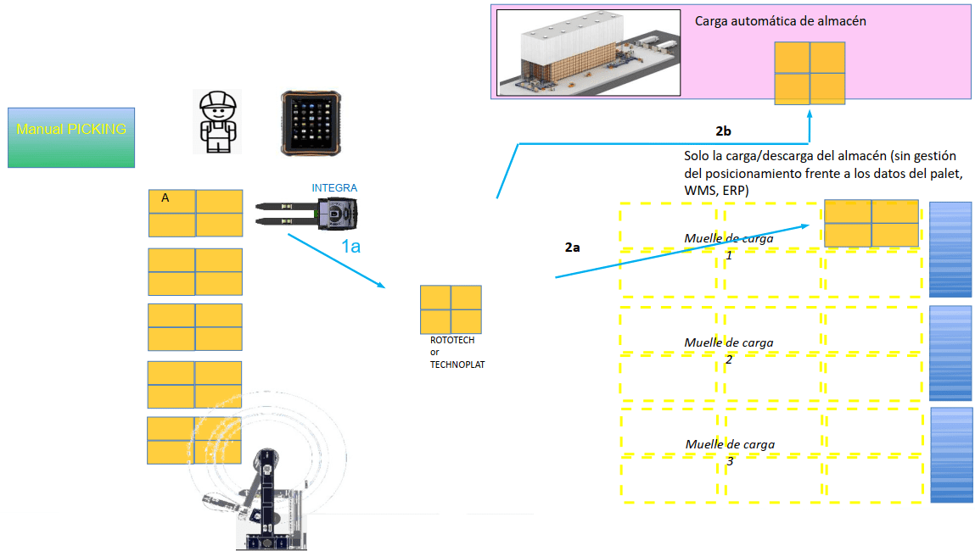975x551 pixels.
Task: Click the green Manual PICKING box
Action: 71,136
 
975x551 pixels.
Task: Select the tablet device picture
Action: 311,123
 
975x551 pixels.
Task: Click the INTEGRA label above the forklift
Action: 334,188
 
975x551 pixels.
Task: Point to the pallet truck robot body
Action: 337,214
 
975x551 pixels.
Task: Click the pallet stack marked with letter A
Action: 195,213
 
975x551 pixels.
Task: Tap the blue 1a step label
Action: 351,247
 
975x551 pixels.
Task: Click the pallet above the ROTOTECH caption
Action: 451,309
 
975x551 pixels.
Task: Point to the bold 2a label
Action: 573,248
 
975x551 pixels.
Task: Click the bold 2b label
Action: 723,131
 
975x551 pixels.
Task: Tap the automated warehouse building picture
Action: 588,53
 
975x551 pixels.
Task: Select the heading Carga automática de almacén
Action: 780,21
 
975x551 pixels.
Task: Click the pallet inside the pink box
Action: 809,73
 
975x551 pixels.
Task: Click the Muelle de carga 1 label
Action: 729,247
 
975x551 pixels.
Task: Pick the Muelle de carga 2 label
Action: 729,350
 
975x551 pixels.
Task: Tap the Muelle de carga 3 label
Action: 730,452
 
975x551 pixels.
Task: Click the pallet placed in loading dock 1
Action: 871,223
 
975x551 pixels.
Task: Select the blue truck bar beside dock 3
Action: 951,454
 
